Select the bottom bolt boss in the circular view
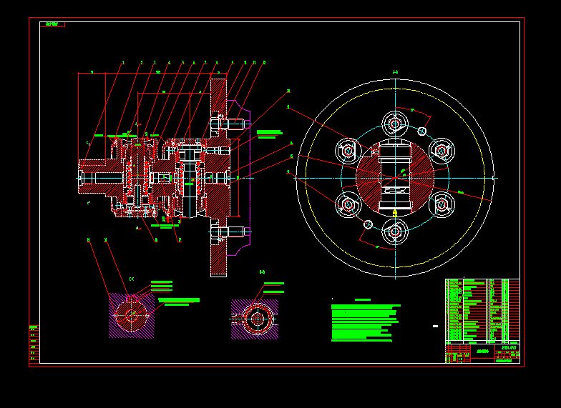point(394,231)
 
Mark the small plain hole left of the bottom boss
point(368,224)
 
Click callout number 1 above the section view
point(123,63)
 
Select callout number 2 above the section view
point(142,63)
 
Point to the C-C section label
point(132,279)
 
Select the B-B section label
point(262,272)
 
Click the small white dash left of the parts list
point(434,326)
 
